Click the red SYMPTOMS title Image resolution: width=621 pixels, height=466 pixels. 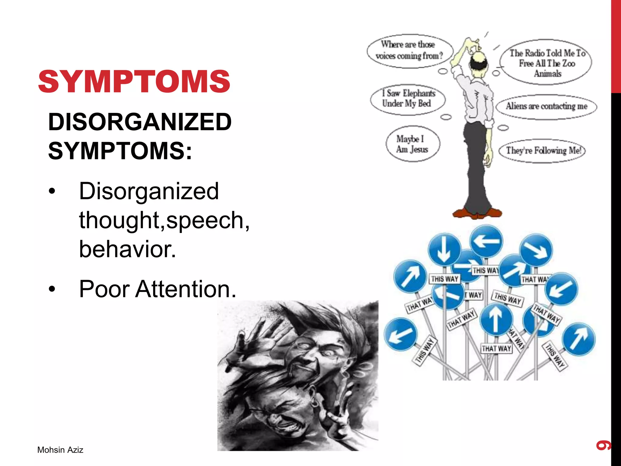[x=134, y=81]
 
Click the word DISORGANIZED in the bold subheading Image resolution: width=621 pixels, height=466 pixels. [x=140, y=122]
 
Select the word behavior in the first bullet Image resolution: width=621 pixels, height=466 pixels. [x=127, y=249]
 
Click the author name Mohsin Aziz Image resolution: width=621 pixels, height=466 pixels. [x=60, y=450]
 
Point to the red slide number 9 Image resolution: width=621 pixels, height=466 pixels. [x=603, y=445]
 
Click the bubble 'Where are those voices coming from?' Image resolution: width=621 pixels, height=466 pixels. [x=409, y=50]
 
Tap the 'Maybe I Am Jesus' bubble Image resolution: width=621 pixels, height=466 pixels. [x=412, y=144]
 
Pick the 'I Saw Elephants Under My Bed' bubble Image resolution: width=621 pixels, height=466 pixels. [x=408, y=99]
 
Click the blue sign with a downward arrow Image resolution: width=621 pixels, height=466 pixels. [x=444, y=249]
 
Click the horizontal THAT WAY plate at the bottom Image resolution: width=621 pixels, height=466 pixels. [x=496, y=348]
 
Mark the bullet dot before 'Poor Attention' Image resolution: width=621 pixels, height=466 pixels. [x=52, y=289]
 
